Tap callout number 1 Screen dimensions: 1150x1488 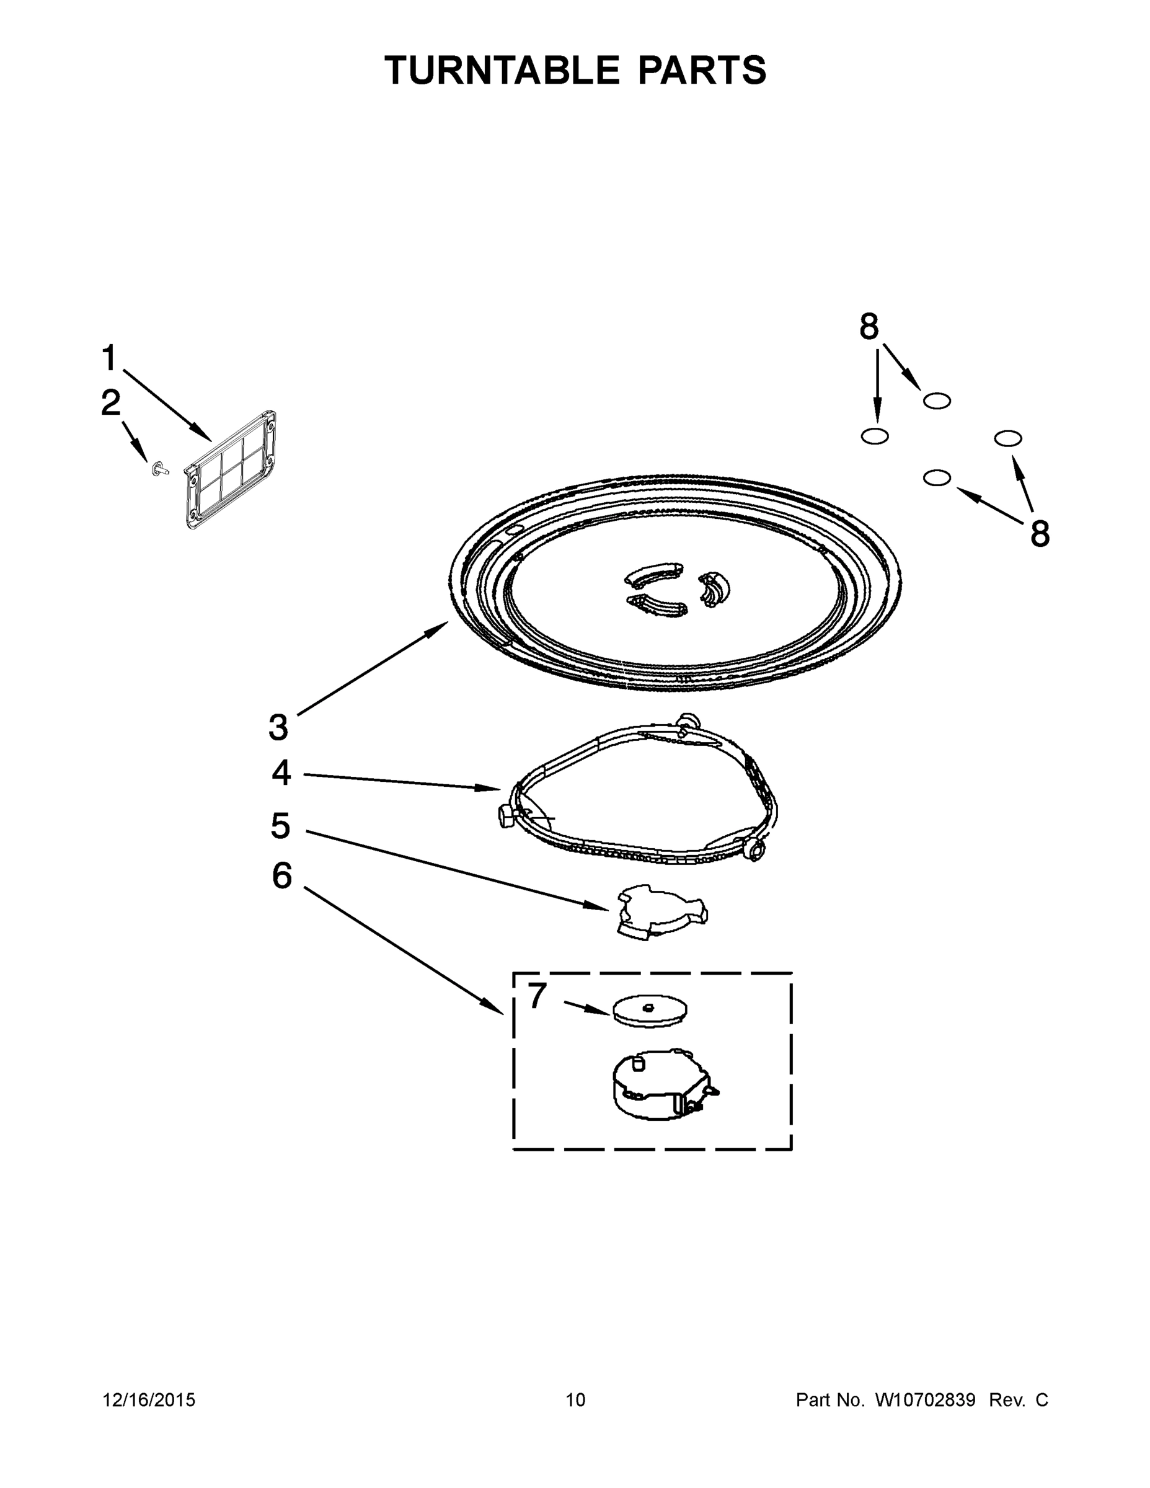coord(109,358)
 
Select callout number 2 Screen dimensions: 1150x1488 coord(110,404)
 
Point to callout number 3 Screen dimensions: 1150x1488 coord(278,728)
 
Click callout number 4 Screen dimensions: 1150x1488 coord(281,773)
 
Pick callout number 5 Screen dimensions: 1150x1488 coord(280,826)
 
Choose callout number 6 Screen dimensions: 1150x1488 coord(281,876)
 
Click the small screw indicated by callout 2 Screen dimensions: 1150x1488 coord(160,468)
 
